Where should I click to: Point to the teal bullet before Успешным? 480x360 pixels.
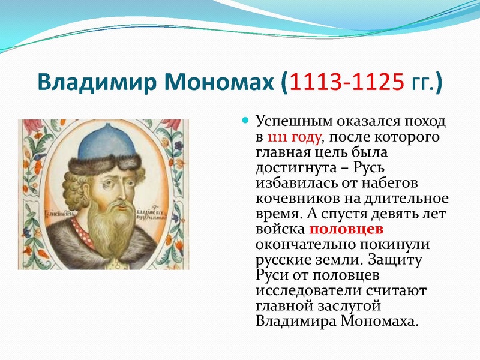tap(245, 121)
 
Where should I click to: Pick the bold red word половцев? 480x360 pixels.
tap(346, 230)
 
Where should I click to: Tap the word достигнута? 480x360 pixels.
tap(295, 168)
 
